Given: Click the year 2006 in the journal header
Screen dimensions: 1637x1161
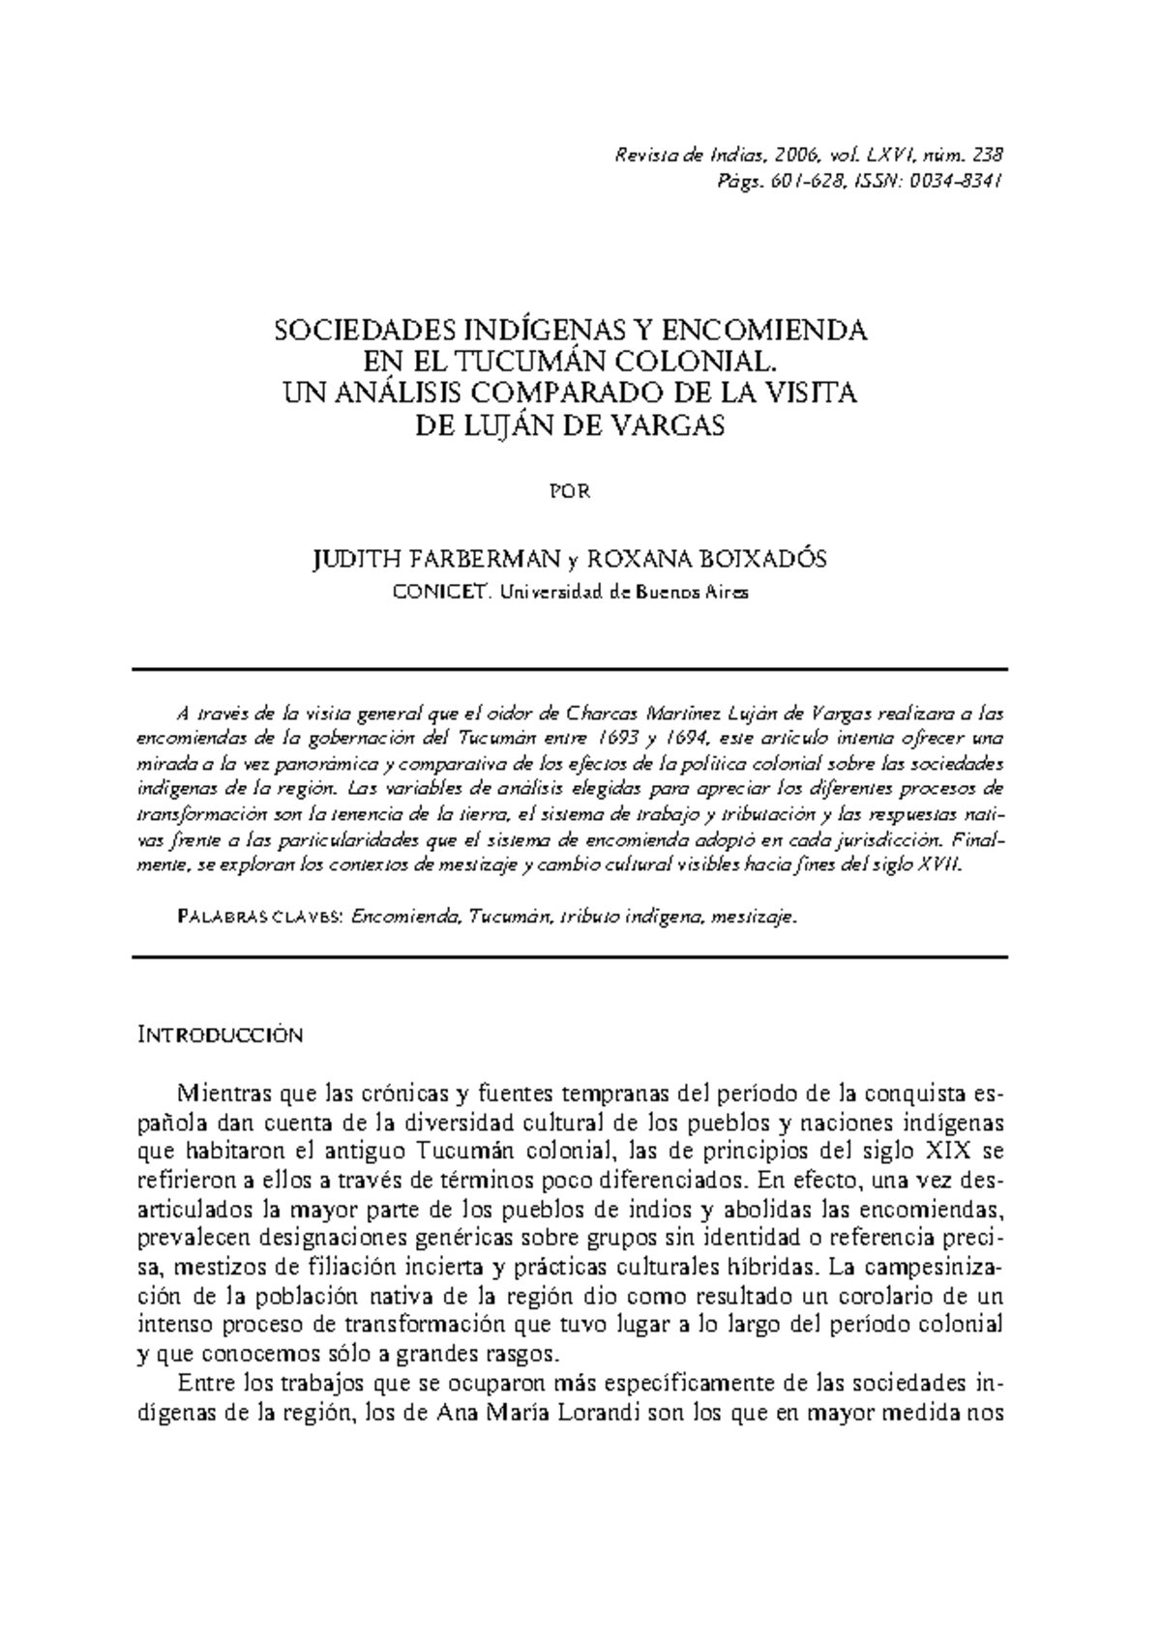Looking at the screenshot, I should (x=796, y=155).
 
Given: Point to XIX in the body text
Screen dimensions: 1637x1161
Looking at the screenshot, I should (x=949, y=1152).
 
